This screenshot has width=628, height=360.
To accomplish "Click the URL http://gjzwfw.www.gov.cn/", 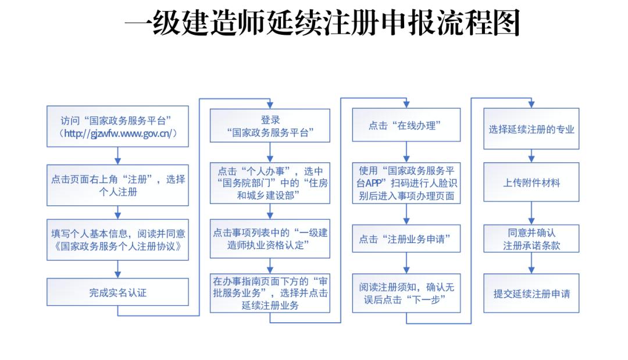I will pos(117,134).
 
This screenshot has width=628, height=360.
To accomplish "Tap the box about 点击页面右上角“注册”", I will pos(117,185).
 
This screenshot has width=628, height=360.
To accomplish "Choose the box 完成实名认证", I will pos(117,292).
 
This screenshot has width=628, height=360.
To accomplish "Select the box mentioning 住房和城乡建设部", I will pos(270,183).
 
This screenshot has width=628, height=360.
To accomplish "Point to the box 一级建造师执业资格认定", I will pos(270,238).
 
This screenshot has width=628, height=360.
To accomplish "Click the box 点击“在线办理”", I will pos(406,124).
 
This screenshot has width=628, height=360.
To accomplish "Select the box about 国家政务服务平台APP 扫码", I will pos(406,183).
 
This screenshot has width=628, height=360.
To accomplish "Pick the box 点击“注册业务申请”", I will pos(406,238).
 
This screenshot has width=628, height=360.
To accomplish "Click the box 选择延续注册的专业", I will pos(531,129).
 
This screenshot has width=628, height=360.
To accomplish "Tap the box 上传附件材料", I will pos(531,182).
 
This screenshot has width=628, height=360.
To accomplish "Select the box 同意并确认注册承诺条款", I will pos(531,239).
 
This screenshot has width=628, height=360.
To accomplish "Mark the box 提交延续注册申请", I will pos(531,293).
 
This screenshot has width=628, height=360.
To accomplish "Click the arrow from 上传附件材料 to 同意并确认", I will pos(531,213).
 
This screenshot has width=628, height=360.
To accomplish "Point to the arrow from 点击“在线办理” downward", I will pos(406,151).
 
